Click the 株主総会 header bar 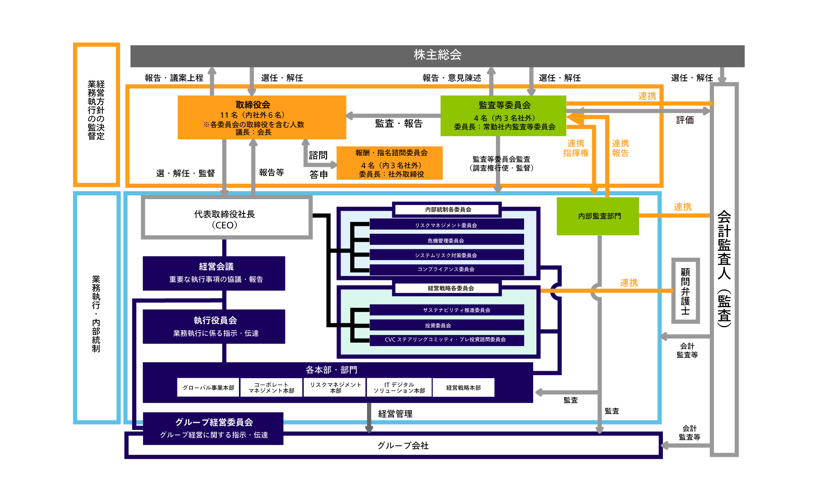click(437, 56)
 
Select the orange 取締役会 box click(262, 117)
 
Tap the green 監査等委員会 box click(503, 116)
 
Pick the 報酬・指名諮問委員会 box click(390, 163)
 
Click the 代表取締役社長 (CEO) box click(227, 218)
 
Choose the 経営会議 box click(214, 273)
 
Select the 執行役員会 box click(214, 327)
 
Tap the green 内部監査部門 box click(598, 216)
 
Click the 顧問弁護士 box click(686, 291)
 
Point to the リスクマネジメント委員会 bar click(447, 225)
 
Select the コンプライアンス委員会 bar click(447, 269)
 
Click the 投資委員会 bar click(447, 325)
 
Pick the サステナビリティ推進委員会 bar click(447, 310)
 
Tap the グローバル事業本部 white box click(208, 387)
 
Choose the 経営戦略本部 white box click(463, 387)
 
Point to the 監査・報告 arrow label click(399, 123)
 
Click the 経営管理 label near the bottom click(395, 414)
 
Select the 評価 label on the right click(685, 120)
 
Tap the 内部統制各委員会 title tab click(447, 210)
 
